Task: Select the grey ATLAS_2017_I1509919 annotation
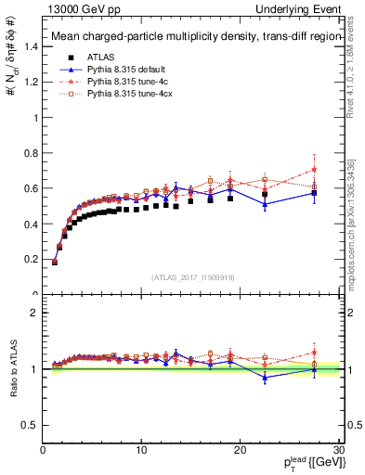tap(192, 276)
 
